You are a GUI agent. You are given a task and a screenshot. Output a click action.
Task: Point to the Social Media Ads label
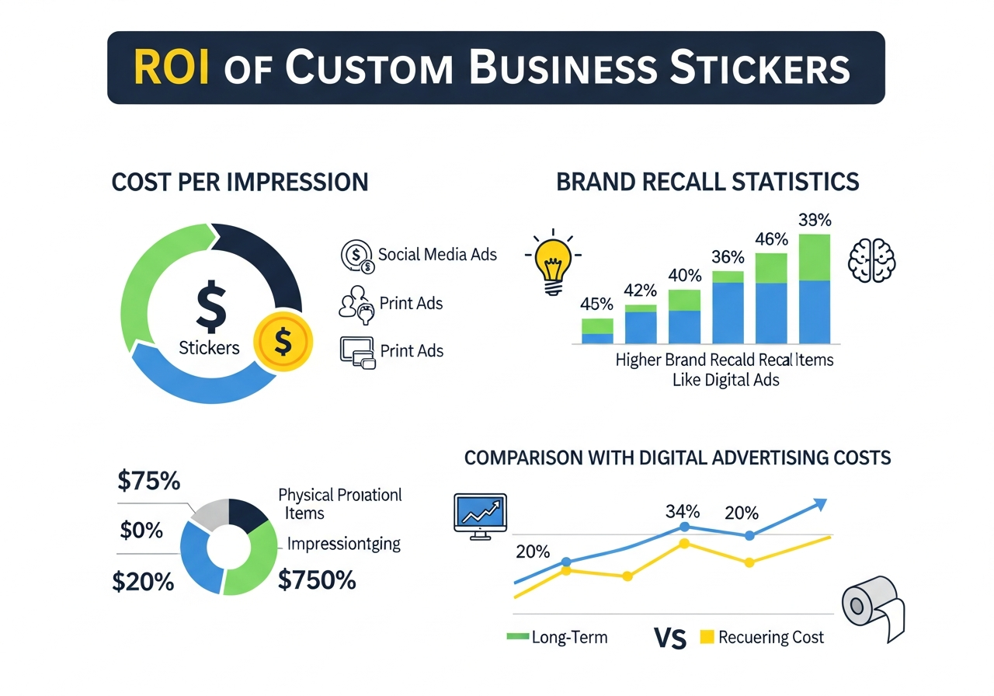tap(437, 254)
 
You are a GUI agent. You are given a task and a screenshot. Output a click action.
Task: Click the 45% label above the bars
tap(597, 304)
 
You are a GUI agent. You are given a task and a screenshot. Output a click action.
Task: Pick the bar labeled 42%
tap(641, 324)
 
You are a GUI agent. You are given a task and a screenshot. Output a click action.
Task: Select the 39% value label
tap(815, 220)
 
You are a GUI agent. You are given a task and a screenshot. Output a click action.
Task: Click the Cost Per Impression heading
tap(240, 182)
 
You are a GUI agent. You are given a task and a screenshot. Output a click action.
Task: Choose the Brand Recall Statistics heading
tap(707, 182)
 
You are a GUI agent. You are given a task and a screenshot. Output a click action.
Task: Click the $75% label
tap(148, 482)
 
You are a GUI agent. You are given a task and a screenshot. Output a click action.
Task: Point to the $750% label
tap(317, 580)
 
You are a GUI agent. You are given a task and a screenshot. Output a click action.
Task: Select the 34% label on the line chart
tap(683, 512)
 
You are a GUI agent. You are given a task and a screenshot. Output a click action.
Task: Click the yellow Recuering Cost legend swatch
tap(706, 637)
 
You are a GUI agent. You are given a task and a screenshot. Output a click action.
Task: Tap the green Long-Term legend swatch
tap(517, 637)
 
